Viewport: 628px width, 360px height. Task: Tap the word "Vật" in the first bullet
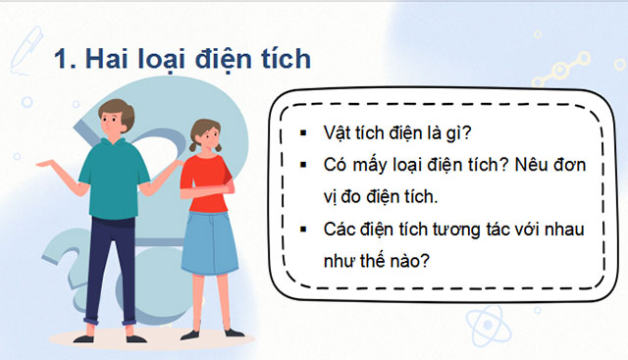[339, 130]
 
